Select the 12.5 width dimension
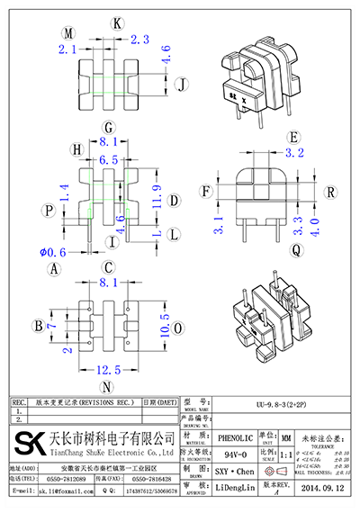(107, 370)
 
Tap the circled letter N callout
(107, 388)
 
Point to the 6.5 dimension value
(108, 158)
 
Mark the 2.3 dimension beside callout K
(139, 39)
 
